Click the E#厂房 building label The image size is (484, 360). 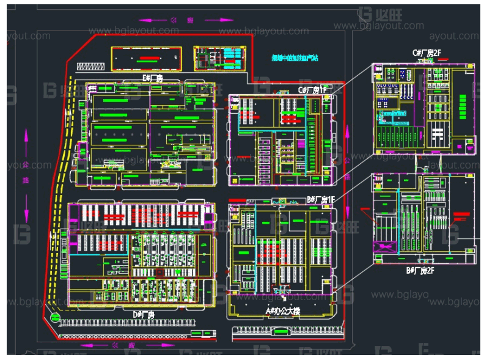152,78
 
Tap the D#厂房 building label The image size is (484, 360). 145,314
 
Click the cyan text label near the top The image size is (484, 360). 295,58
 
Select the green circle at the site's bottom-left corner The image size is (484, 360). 55,318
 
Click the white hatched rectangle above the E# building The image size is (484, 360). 91,66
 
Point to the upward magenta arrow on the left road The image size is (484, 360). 26,139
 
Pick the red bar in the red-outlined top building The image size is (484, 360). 147,59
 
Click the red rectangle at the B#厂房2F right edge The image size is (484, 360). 461,215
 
